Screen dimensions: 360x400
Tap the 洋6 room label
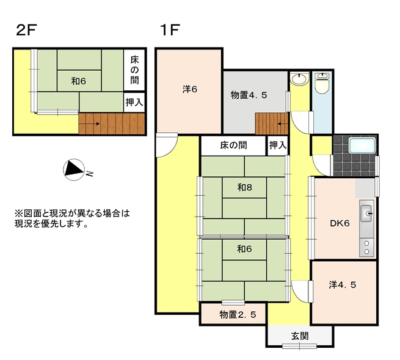coord(189,89)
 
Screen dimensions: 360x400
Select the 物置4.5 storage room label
coord(249,95)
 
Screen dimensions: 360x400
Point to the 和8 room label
coord(245,187)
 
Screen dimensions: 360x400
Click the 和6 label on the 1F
coord(245,248)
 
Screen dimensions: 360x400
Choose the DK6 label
coord(338,223)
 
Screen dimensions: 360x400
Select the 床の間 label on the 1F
coord(233,145)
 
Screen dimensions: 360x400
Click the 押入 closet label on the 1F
coord(277,145)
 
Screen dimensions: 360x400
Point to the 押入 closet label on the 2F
coord(134,103)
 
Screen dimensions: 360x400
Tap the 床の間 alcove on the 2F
coord(134,70)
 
